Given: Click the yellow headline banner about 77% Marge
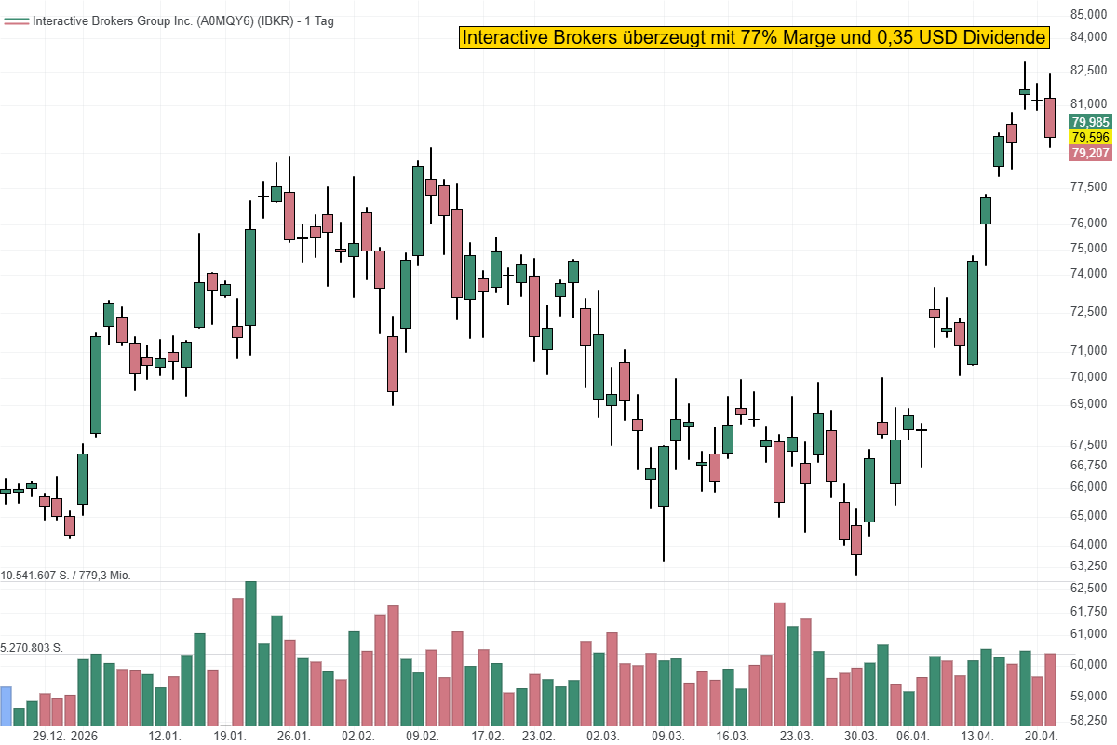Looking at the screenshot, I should (x=754, y=37).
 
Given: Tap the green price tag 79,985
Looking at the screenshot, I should (x=1090, y=122).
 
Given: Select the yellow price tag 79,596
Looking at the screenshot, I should (x=1090, y=137).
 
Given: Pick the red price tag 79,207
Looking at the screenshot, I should (x=1090, y=153).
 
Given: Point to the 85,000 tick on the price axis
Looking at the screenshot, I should (x=1089, y=14).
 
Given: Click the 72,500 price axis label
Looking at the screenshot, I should (x=1089, y=310).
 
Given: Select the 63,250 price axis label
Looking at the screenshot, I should (x=1089, y=565).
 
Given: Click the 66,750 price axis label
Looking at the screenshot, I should (x=1089, y=465).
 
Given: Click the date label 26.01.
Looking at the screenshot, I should (x=293, y=736).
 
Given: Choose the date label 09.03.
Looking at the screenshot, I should (x=667, y=736).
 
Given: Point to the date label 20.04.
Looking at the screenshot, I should (x=1043, y=736).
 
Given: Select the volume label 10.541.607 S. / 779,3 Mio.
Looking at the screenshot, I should (x=66, y=576).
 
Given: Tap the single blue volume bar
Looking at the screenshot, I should (x=6, y=706).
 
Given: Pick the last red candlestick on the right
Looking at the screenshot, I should (x=1050, y=117).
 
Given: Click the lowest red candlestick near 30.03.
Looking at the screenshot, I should (x=856, y=539).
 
